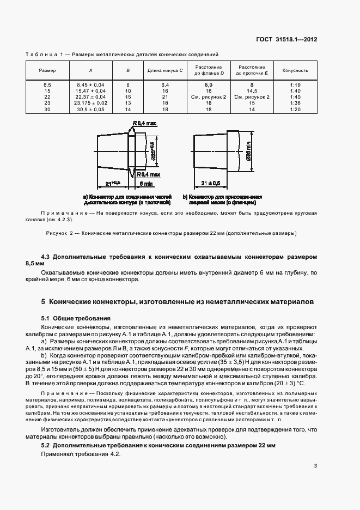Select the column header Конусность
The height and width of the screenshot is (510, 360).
pos(295,71)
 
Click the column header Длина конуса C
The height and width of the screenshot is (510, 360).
pos(164,71)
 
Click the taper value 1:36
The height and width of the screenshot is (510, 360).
pos(295,102)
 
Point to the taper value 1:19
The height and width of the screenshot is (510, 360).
pos(295,85)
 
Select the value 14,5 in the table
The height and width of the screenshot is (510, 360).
pos(252,91)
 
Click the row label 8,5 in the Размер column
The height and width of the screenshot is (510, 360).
pos(47,85)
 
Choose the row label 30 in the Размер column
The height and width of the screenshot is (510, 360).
pos(47,108)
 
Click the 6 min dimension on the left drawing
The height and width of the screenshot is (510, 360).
pos(146,184)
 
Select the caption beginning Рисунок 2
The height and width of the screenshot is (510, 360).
pos(169,233)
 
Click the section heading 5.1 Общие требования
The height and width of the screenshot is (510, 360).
pos(76,318)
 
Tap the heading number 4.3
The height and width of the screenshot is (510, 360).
pos(46,256)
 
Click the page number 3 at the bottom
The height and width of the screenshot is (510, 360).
pos(315,465)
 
